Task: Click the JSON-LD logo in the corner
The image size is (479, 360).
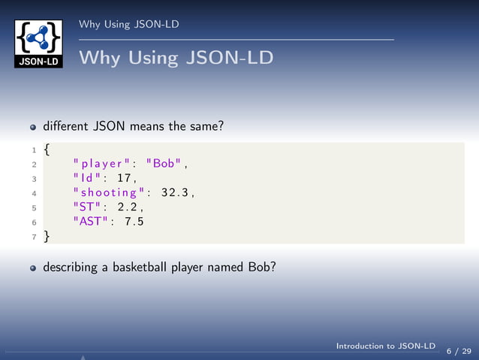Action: click(38, 43)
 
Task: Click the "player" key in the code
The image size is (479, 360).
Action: click(101, 163)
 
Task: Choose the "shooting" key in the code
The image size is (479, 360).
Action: click(109, 192)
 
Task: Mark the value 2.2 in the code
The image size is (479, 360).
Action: click(129, 207)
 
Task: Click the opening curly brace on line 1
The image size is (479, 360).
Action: click(47, 149)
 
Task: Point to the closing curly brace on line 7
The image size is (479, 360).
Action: click(47, 236)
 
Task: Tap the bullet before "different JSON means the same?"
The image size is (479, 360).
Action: click(33, 127)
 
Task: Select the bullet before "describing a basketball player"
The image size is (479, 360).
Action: click(33, 266)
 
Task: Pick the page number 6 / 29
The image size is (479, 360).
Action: click(459, 350)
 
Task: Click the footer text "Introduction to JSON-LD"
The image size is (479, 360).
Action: click(385, 346)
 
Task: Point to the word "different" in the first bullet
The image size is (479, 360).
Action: click(65, 126)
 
